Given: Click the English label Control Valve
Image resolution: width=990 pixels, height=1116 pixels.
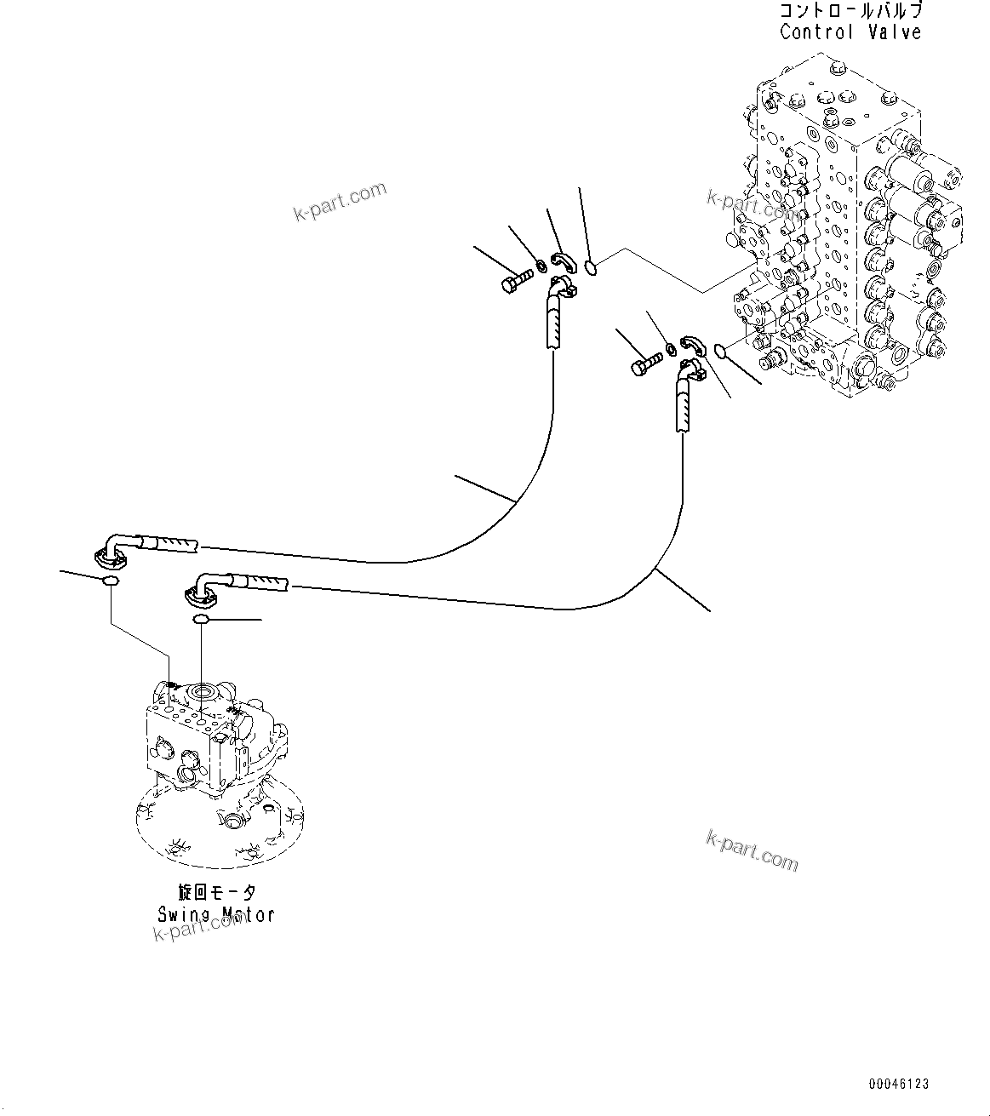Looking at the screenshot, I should (850, 32).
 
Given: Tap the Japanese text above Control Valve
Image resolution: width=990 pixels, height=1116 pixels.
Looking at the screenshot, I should (850, 11).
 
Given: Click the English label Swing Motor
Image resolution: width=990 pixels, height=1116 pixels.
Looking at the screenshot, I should (216, 914).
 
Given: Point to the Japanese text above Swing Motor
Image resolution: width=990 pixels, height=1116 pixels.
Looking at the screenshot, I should (216, 892).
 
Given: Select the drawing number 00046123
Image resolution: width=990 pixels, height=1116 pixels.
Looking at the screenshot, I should (899, 1084).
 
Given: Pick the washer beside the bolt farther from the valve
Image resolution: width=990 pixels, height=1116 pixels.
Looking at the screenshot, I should (541, 272).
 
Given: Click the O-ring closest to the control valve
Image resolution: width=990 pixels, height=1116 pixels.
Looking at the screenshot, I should (720, 350).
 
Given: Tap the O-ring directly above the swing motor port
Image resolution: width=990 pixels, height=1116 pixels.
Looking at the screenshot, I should (201, 619).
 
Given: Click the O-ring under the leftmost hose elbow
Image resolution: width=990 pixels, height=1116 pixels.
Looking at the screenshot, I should (109, 581).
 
